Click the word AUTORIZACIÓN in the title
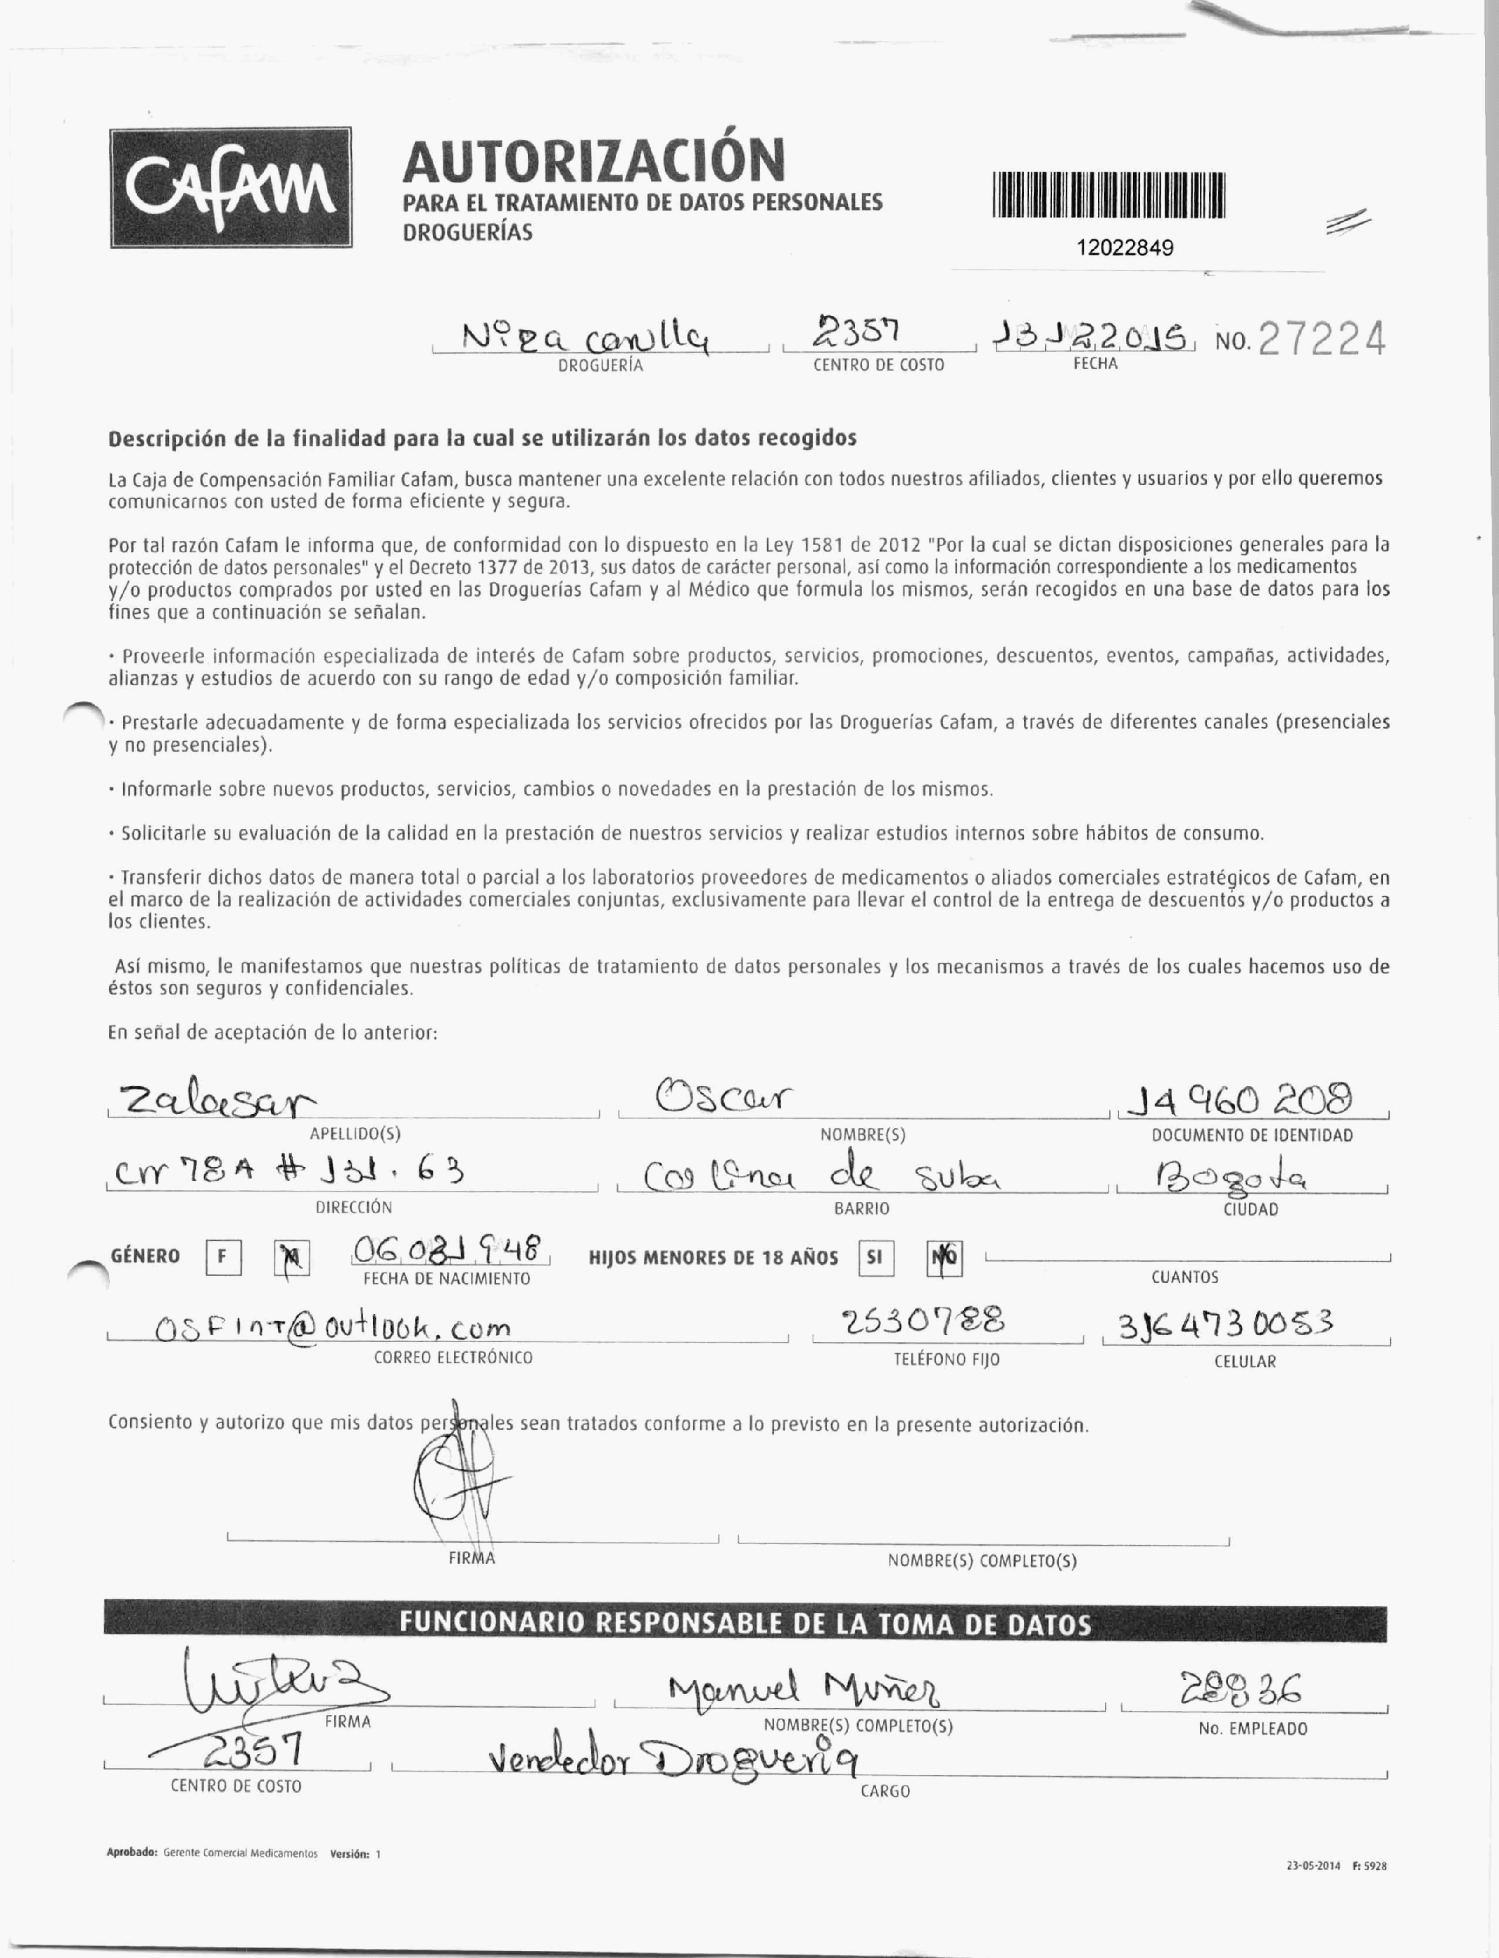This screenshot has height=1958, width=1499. point(593,160)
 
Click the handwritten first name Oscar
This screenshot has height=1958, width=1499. point(723,1096)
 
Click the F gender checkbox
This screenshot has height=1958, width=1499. point(223,1258)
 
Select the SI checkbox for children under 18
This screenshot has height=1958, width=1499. point(875,1258)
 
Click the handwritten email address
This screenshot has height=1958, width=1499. point(333,1329)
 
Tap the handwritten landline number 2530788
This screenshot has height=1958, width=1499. point(923,1320)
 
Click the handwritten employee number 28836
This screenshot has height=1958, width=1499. point(1240,1688)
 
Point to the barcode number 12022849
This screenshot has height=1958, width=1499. point(1125,247)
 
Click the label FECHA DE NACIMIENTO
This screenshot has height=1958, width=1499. point(446,1279)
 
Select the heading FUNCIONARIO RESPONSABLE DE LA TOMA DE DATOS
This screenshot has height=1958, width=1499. point(745,1623)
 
